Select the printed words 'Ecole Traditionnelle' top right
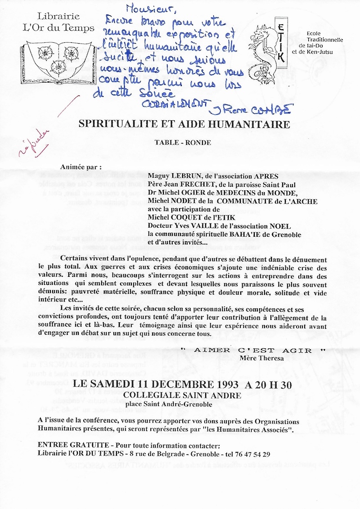pyautogui.click(x=324, y=36)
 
